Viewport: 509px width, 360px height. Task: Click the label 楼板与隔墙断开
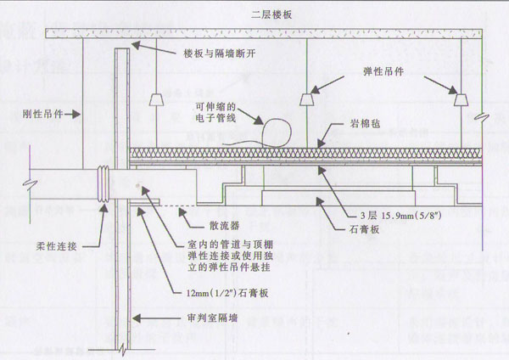pos(220,53)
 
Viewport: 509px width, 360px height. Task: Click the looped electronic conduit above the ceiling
pos(276,131)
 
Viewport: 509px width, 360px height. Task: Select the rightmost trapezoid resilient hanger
pos(461,99)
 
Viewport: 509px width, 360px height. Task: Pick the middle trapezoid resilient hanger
pos(305,100)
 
